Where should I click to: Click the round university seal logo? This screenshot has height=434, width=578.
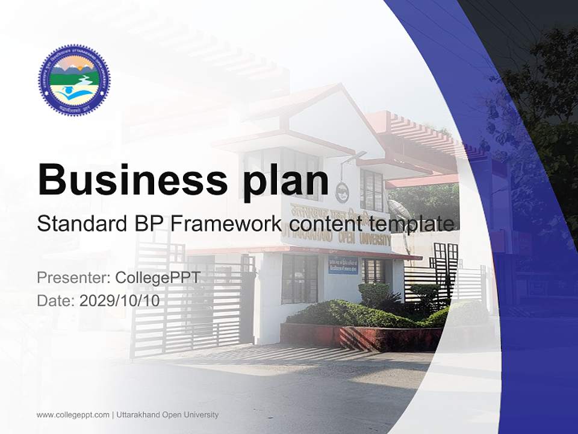coord(74,80)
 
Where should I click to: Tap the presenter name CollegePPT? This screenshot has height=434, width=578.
coord(158,278)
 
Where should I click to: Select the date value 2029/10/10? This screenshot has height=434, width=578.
coord(120,301)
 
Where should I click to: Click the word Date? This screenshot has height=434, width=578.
coord(56,301)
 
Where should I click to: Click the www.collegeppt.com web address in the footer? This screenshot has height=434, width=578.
coord(73,415)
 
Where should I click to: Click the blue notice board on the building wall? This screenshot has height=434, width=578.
coord(343,264)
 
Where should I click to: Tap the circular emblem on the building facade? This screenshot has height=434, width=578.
coord(341,192)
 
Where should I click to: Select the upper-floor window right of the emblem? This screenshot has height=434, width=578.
coord(371,189)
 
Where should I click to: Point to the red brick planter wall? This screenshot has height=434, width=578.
coord(361,338)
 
